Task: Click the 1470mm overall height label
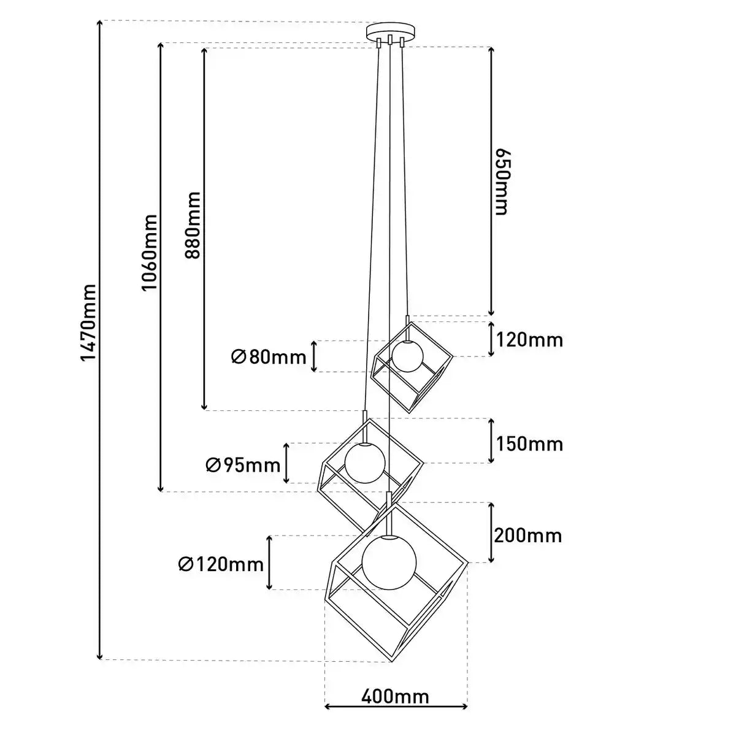pos(88,323)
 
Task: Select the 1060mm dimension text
pos(149,253)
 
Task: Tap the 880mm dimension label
pos(193,225)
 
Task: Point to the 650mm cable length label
pos(503,182)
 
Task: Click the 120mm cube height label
pos(529,340)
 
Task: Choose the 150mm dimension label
pos(529,444)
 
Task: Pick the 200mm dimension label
pos(528,536)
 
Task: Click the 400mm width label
pos(396,697)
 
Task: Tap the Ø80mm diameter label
pos(269,358)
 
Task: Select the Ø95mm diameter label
pos(243,465)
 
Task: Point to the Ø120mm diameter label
pos(221,564)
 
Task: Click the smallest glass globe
pos(407,356)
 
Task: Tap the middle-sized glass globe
pos(365,463)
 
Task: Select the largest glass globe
pos(389,562)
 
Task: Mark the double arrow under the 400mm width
pos(396,717)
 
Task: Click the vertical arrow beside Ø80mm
pos(313,356)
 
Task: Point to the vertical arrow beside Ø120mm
pos(269,562)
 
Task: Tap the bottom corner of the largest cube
pos(393,662)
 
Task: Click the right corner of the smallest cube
pos(453,357)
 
